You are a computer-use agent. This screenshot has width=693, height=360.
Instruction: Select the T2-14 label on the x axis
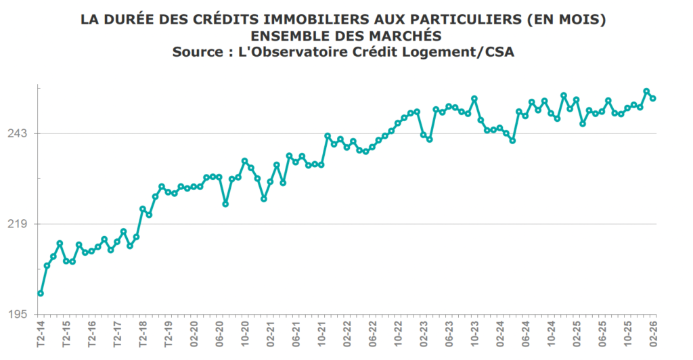pos(41,335)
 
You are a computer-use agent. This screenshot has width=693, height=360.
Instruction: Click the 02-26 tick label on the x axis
pos(654,335)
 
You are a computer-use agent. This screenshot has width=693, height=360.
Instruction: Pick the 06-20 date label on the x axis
pos(219,335)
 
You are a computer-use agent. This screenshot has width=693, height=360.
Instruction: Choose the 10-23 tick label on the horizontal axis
pos(474,335)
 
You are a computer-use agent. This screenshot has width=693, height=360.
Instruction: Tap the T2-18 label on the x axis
pos(143,335)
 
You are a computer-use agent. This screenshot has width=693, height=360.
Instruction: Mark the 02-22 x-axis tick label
pos(347,335)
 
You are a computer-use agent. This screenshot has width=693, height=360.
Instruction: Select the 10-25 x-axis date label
pos(628,335)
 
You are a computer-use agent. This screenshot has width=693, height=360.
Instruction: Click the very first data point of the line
pos(41,294)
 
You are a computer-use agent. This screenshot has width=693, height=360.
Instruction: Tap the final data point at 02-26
pos(653,99)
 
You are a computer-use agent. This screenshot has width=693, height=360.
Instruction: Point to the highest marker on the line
pos(646,91)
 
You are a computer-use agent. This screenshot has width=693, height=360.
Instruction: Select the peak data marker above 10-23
pos(474,99)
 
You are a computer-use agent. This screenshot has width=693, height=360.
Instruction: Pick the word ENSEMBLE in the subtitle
pos(290,36)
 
